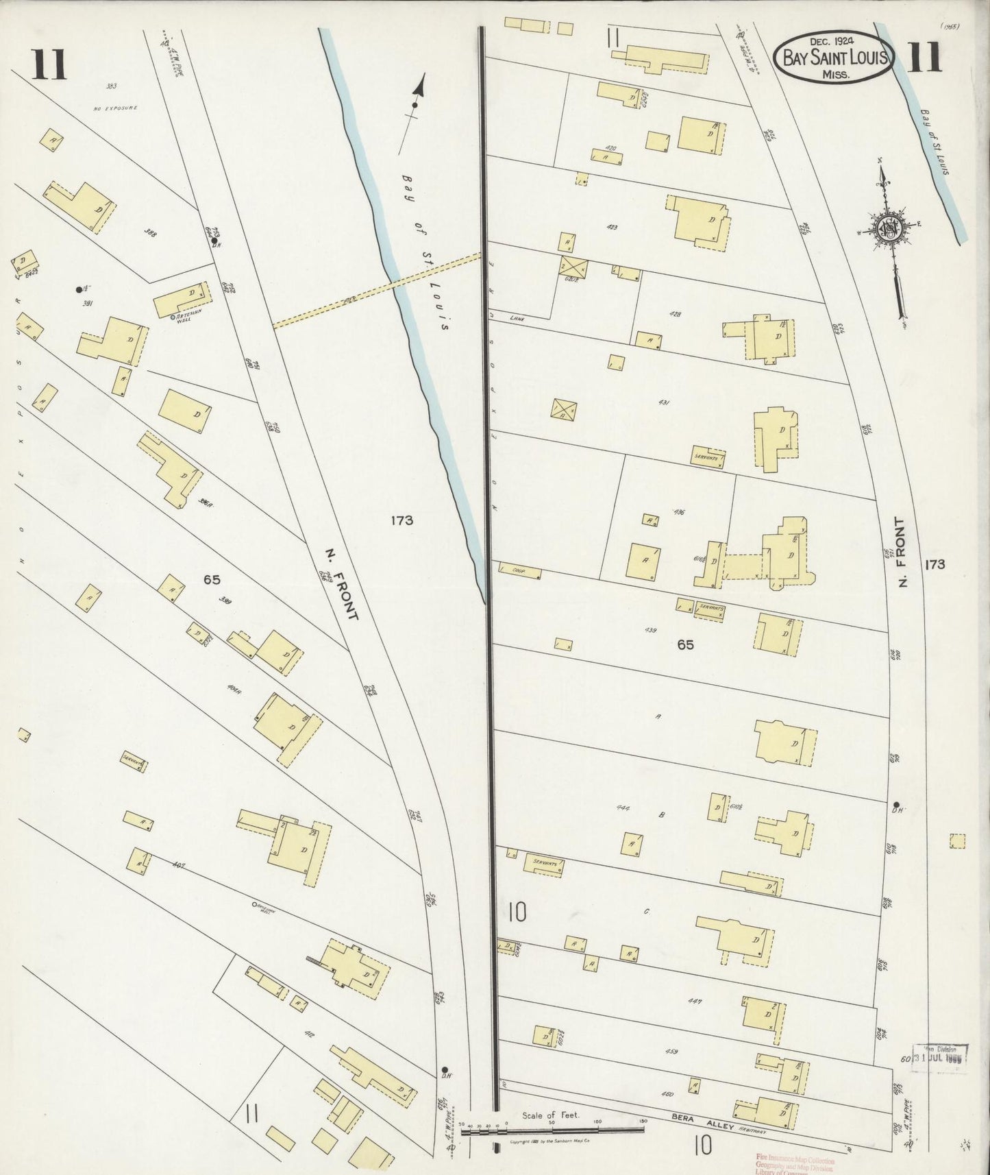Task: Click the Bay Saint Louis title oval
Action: click(x=833, y=58)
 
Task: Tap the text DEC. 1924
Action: click(x=833, y=43)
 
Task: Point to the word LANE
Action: click(x=517, y=317)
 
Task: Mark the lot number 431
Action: click(x=663, y=403)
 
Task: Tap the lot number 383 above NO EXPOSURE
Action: click(x=112, y=86)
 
